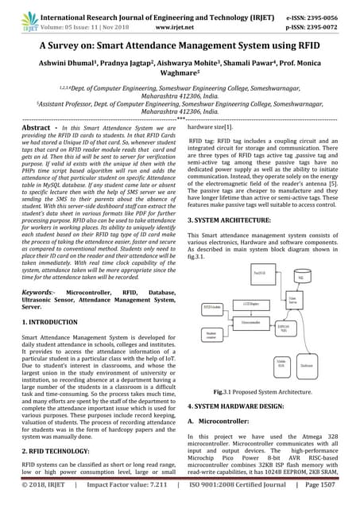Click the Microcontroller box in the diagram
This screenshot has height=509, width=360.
(x=251, y=321)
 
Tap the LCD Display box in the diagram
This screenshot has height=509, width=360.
(x=250, y=305)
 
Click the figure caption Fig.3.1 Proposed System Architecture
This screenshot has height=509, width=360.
(x=261, y=392)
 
